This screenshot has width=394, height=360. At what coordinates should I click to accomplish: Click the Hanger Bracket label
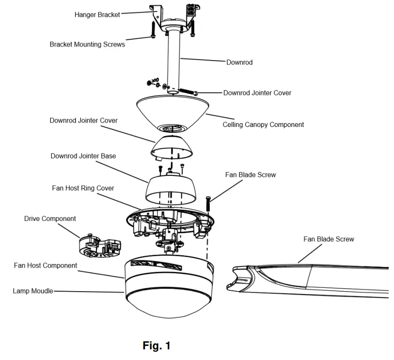click(97, 15)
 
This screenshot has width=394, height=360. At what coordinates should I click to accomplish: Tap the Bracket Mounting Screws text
click(87, 44)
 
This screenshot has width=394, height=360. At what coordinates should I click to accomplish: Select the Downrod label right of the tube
click(239, 63)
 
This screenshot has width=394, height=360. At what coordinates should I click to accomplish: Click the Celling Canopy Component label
click(263, 125)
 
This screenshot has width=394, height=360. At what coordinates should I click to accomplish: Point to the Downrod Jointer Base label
click(83, 156)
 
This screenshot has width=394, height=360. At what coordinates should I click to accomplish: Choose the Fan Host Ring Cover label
click(83, 188)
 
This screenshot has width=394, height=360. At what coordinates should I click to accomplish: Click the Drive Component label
click(50, 219)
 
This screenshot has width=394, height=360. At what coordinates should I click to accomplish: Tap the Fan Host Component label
click(46, 266)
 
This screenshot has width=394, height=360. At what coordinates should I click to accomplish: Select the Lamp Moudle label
click(33, 291)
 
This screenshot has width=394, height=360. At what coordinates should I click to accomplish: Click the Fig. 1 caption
click(157, 346)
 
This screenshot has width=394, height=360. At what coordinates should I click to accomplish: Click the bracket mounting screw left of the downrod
click(153, 31)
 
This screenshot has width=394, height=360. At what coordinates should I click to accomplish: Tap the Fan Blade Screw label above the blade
click(329, 239)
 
